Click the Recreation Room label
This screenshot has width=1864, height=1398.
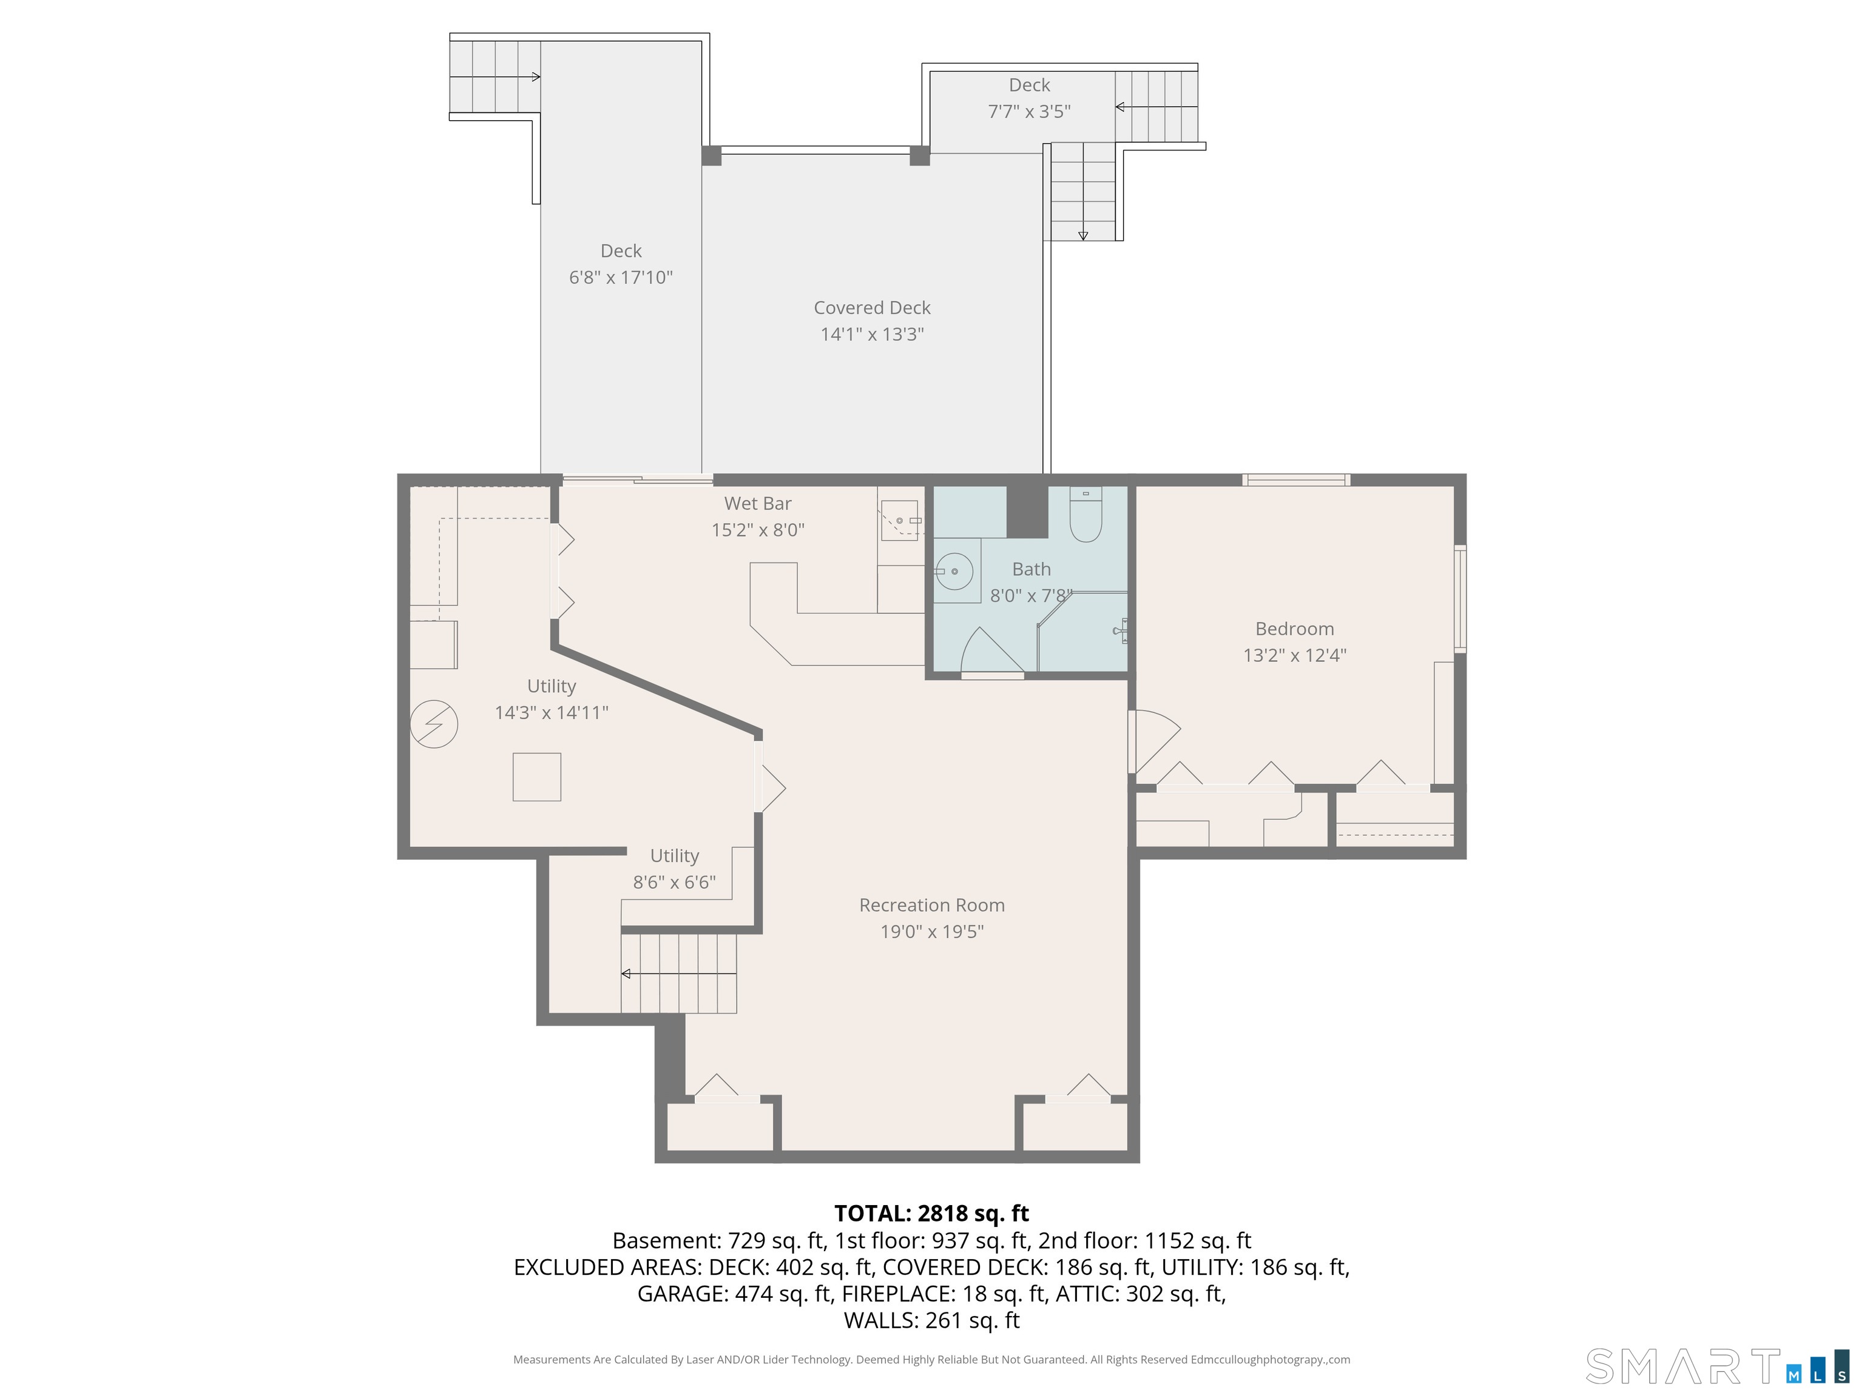[932, 905]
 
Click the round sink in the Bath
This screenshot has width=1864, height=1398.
[954, 572]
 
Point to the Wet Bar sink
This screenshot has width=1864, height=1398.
[902, 521]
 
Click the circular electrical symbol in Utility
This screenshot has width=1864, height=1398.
[434, 724]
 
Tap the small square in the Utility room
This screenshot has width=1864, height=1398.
[537, 777]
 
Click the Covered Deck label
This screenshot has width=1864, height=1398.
[872, 308]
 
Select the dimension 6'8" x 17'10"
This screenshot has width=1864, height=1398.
[621, 277]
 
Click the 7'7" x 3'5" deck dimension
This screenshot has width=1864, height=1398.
[1029, 111]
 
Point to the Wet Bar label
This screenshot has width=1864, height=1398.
[758, 503]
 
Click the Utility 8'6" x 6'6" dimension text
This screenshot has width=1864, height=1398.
[674, 882]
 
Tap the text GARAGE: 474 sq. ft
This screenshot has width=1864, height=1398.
[734, 1294]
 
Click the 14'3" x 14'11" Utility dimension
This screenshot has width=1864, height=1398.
[551, 712]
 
